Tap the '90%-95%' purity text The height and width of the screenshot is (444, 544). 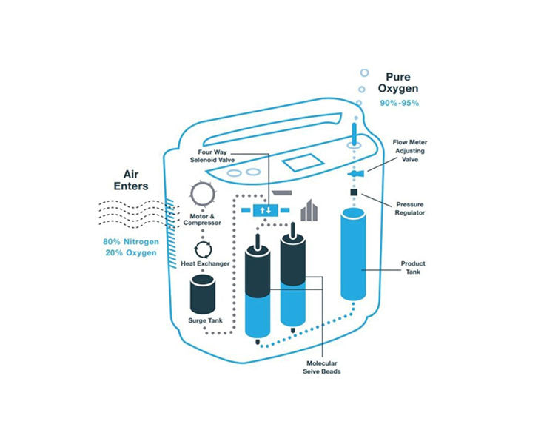pyautogui.click(x=400, y=103)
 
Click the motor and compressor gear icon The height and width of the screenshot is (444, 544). pyautogui.click(x=202, y=195)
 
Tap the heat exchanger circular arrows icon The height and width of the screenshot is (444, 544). pyautogui.click(x=204, y=249)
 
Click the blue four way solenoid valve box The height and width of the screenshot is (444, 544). pyautogui.click(x=263, y=211)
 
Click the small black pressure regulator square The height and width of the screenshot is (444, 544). pyautogui.click(x=355, y=193)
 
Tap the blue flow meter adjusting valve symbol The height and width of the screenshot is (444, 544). pyautogui.click(x=354, y=174)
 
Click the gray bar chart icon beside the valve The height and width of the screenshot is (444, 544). pyautogui.click(x=309, y=211)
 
